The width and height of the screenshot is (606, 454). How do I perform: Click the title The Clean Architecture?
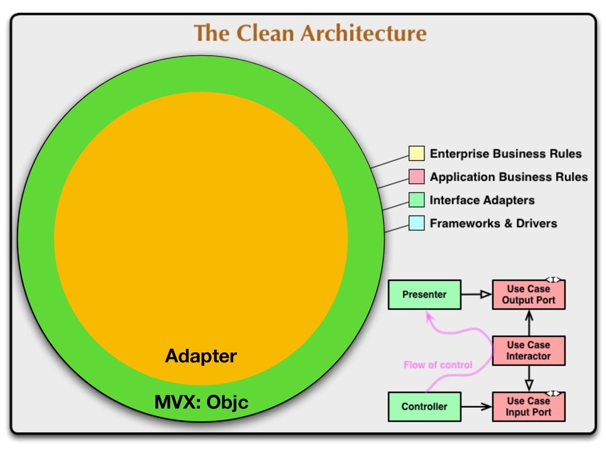310,33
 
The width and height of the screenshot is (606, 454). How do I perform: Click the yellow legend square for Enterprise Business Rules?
417,154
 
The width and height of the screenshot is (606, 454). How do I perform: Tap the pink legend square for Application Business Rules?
417,177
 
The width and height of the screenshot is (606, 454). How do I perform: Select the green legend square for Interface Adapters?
417,200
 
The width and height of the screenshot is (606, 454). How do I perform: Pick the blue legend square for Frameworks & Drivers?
417,223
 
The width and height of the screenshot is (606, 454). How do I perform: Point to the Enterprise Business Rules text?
505,154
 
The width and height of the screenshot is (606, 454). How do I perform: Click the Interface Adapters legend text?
482,200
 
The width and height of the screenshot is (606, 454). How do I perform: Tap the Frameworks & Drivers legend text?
493,223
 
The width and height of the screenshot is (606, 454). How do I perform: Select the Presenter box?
424,294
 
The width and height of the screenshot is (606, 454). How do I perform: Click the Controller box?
424,406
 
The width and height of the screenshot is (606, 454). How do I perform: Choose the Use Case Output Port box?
528,294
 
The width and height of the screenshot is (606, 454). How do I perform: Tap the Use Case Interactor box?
528,351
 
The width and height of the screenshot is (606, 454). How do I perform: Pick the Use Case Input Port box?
528,406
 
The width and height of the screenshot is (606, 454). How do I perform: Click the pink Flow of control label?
438,365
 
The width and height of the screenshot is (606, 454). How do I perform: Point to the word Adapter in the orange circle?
201,356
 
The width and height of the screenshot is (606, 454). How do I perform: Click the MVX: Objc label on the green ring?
201,403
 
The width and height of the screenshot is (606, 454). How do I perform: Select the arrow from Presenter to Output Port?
476,294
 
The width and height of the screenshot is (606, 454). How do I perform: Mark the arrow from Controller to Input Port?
476,406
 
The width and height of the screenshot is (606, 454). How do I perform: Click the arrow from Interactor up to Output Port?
529,322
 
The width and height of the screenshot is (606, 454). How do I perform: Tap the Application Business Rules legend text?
508,177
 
